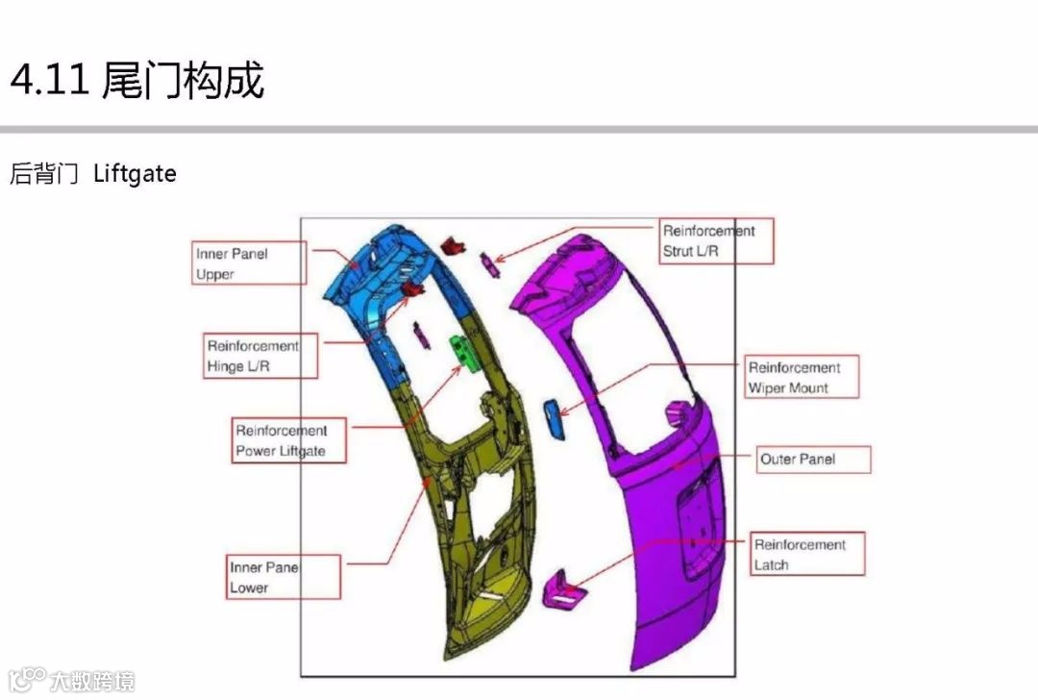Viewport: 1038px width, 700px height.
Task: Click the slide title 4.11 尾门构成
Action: coord(136,81)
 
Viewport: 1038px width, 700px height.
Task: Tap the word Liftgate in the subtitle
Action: coord(135,174)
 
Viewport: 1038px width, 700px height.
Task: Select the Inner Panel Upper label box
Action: coord(249,262)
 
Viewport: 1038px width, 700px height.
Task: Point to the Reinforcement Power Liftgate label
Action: coord(288,440)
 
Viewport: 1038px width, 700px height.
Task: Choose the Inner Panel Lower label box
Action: coord(284,577)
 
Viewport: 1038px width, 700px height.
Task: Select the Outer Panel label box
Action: coord(810,459)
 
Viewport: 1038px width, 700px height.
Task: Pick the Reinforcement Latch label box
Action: coord(807,554)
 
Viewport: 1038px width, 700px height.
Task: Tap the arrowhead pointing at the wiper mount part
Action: coord(563,413)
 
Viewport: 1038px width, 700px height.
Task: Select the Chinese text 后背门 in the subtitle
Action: coord(43,174)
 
